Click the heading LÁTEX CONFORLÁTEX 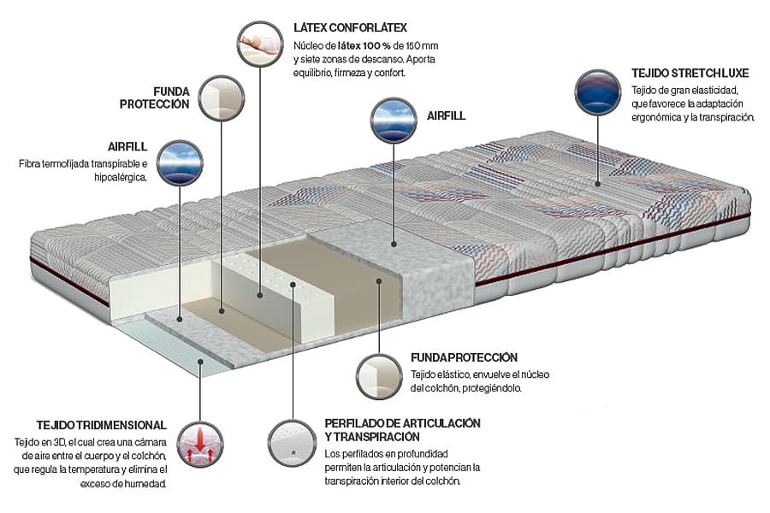[x=349, y=28]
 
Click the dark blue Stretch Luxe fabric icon [x=598, y=92]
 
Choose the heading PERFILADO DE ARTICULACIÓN [x=402, y=424]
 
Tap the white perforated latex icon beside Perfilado [x=292, y=440]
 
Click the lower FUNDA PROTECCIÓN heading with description [x=464, y=357]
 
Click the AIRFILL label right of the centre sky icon [x=447, y=115]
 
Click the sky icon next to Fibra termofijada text [x=181, y=162]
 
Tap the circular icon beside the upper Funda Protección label [x=221, y=97]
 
